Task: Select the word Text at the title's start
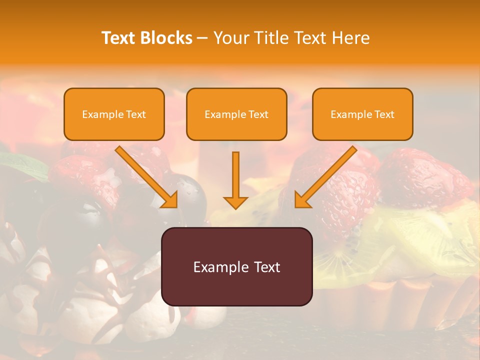(x=119, y=38)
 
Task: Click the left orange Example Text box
(x=114, y=114)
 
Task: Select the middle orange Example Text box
(x=236, y=114)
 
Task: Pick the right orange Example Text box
(x=362, y=114)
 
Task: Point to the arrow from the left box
(x=145, y=175)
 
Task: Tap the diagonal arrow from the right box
(x=327, y=175)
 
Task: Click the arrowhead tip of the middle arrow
(x=235, y=206)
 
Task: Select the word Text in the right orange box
(x=384, y=114)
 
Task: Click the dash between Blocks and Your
(x=202, y=38)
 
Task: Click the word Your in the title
(x=231, y=38)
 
